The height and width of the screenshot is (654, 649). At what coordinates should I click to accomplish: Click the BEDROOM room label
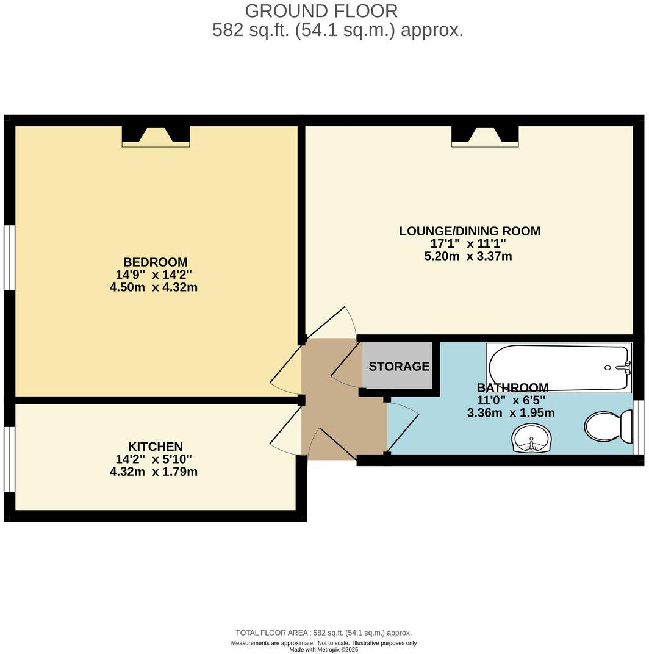[x=156, y=262]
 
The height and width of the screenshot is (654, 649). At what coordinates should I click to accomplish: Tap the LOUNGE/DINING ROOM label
[x=470, y=231]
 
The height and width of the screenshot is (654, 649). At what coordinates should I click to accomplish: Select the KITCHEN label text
[x=156, y=447]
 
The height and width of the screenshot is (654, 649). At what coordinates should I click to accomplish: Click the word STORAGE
[x=399, y=367]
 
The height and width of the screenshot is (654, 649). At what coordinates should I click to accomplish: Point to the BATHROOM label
[x=512, y=388]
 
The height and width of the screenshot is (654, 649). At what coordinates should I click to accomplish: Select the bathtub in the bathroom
[x=558, y=367]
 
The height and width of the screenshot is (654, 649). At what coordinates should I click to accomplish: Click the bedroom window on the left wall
[x=9, y=257]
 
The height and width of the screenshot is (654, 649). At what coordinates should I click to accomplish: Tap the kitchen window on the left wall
[x=9, y=458]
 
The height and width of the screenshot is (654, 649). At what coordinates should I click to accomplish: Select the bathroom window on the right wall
[x=638, y=427]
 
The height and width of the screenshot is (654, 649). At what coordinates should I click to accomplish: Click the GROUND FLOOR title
[x=321, y=10]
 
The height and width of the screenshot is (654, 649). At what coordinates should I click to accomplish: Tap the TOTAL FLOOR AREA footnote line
[x=323, y=633]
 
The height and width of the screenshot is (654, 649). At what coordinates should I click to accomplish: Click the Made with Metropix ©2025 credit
[x=323, y=649]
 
